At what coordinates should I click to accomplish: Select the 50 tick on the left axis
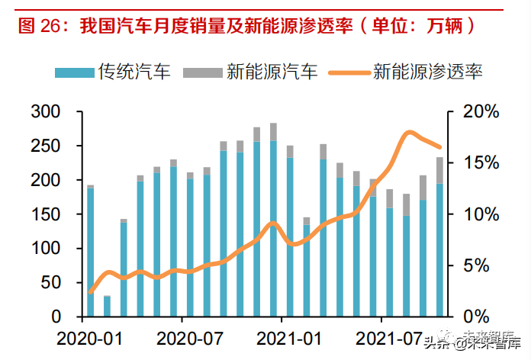(50, 283)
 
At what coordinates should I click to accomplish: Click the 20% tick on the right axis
(481, 112)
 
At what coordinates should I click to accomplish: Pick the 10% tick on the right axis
(481, 214)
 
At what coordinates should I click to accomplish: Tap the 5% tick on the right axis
(485, 265)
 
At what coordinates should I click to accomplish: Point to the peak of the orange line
(410, 133)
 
